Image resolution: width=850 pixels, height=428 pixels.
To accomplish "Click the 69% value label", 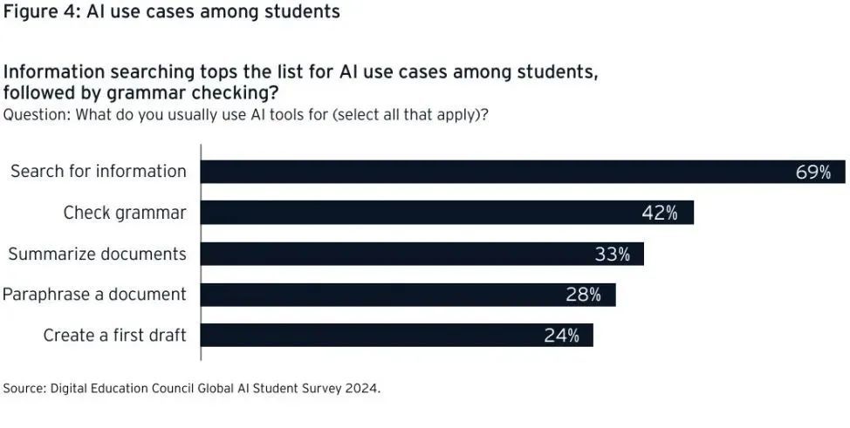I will click(x=812, y=172).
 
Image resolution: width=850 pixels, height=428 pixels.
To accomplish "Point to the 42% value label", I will click(x=660, y=213).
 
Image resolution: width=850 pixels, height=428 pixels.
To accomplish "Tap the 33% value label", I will click(x=612, y=254).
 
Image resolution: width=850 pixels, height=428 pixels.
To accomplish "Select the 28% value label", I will click(x=583, y=295).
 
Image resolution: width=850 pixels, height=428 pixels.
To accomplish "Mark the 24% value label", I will click(x=561, y=336).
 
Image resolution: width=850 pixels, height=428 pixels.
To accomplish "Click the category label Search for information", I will click(x=98, y=172).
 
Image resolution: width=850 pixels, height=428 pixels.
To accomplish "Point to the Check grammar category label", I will click(x=125, y=213).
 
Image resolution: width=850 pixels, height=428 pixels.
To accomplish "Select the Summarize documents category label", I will click(x=97, y=254).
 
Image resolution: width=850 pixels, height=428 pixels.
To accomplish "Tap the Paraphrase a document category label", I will click(x=94, y=295).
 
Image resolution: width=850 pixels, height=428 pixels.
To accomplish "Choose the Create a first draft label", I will click(x=114, y=336).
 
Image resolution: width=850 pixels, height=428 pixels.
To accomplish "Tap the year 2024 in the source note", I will click(x=362, y=388).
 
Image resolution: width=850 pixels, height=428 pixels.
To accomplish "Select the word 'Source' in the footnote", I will click(x=24, y=388).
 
